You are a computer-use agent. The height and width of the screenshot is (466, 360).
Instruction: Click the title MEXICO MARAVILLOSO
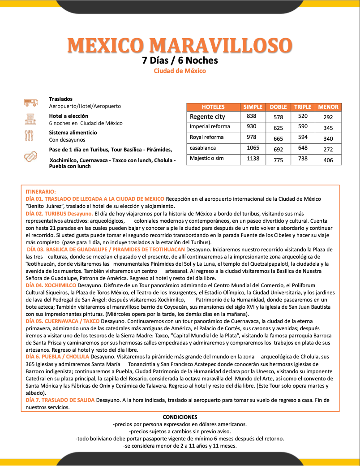tap(180, 45)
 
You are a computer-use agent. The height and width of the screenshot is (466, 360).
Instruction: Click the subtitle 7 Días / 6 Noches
tap(180, 60)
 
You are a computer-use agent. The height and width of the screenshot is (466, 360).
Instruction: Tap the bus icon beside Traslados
tap(31, 103)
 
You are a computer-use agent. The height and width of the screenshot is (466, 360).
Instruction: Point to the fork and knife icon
tap(30, 135)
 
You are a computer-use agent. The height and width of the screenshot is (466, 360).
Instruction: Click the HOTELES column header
tap(213, 107)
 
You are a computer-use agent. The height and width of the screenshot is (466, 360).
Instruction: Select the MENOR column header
tap(328, 107)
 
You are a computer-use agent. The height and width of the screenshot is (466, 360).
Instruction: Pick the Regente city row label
tap(207, 116)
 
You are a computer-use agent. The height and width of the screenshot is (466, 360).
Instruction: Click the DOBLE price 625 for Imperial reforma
tap(278, 127)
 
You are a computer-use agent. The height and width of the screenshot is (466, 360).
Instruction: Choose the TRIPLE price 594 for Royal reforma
tap(303, 138)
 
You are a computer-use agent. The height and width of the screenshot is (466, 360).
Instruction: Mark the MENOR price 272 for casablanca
tap(328, 149)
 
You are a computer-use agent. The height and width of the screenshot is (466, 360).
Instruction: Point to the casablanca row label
tap(203, 147)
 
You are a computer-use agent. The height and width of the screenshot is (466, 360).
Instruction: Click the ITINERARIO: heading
tap(41, 191)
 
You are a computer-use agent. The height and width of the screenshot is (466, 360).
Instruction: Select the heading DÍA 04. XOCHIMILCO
tap(51, 285)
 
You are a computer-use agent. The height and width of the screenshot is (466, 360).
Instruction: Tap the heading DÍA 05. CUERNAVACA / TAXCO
tap(63, 321)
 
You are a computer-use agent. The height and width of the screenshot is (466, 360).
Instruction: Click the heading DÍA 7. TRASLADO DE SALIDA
tap(60, 400)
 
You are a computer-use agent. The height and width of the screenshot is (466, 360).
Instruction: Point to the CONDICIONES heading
tap(180, 417)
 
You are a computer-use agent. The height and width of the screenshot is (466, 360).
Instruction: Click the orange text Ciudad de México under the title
tap(180, 71)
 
